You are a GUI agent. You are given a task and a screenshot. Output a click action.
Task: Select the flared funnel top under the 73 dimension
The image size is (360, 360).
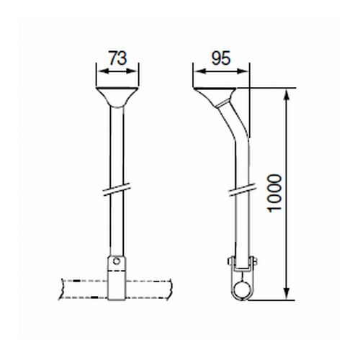click(x=115, y=96)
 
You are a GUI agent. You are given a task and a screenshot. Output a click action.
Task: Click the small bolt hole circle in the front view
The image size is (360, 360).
click(x=115, y=261)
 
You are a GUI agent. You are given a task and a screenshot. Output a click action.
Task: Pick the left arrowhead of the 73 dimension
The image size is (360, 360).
click(x=99, y=71)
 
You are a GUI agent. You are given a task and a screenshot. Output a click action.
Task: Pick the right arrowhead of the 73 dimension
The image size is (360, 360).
click(x=132, y=71)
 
